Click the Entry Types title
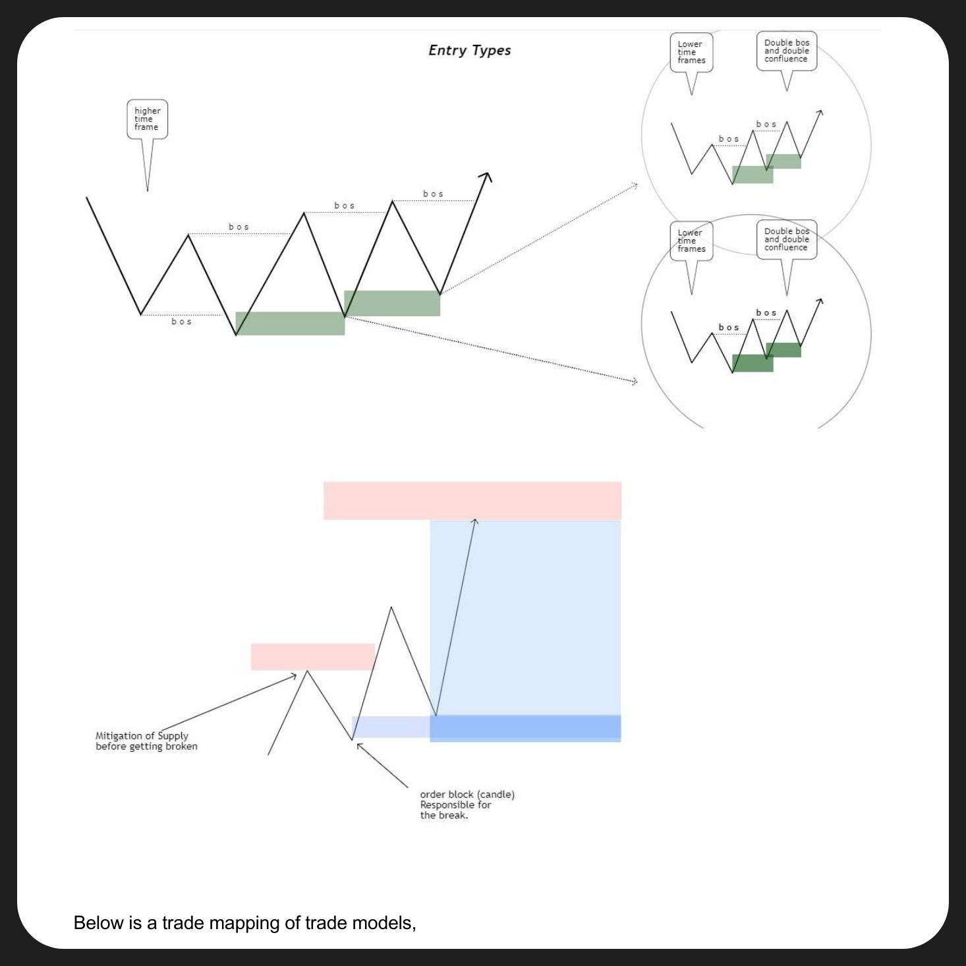469,51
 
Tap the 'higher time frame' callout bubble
147,119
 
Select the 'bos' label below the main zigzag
181,322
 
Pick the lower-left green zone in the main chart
290,324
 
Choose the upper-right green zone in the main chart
392,303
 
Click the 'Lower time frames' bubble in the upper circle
691,53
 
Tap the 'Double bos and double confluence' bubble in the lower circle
786,239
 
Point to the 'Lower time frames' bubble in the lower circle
691,241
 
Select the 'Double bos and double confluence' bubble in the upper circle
786,51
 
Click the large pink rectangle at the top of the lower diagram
472,501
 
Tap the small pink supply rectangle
312,657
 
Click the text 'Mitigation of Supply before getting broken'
146,741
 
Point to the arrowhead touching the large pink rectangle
474,522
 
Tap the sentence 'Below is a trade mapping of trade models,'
244,923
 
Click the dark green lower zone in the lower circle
752,363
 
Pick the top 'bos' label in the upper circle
766,124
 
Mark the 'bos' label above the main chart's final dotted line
433,194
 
